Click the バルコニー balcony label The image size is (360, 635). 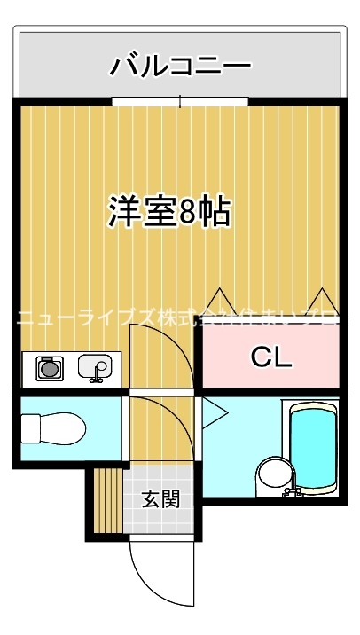pos(180,66)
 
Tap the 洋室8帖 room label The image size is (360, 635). pos(170,212)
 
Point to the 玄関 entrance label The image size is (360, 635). pos(160,499)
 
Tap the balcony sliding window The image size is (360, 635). pos(180,102)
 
